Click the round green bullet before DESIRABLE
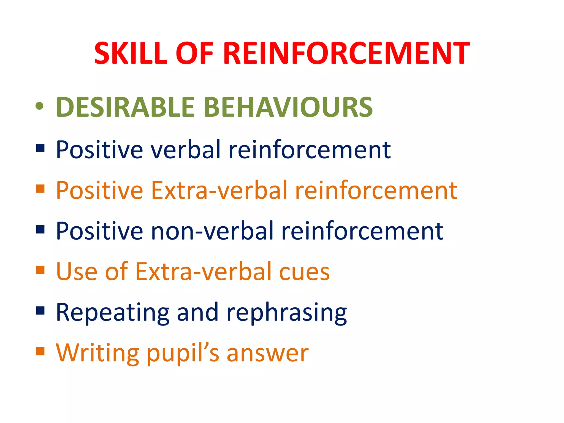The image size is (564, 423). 40,106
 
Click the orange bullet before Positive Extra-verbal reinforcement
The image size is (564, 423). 40,189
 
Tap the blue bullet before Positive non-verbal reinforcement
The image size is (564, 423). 40,229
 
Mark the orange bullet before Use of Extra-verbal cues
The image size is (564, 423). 40,270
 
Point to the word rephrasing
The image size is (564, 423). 286,313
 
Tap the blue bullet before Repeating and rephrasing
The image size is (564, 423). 40,311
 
